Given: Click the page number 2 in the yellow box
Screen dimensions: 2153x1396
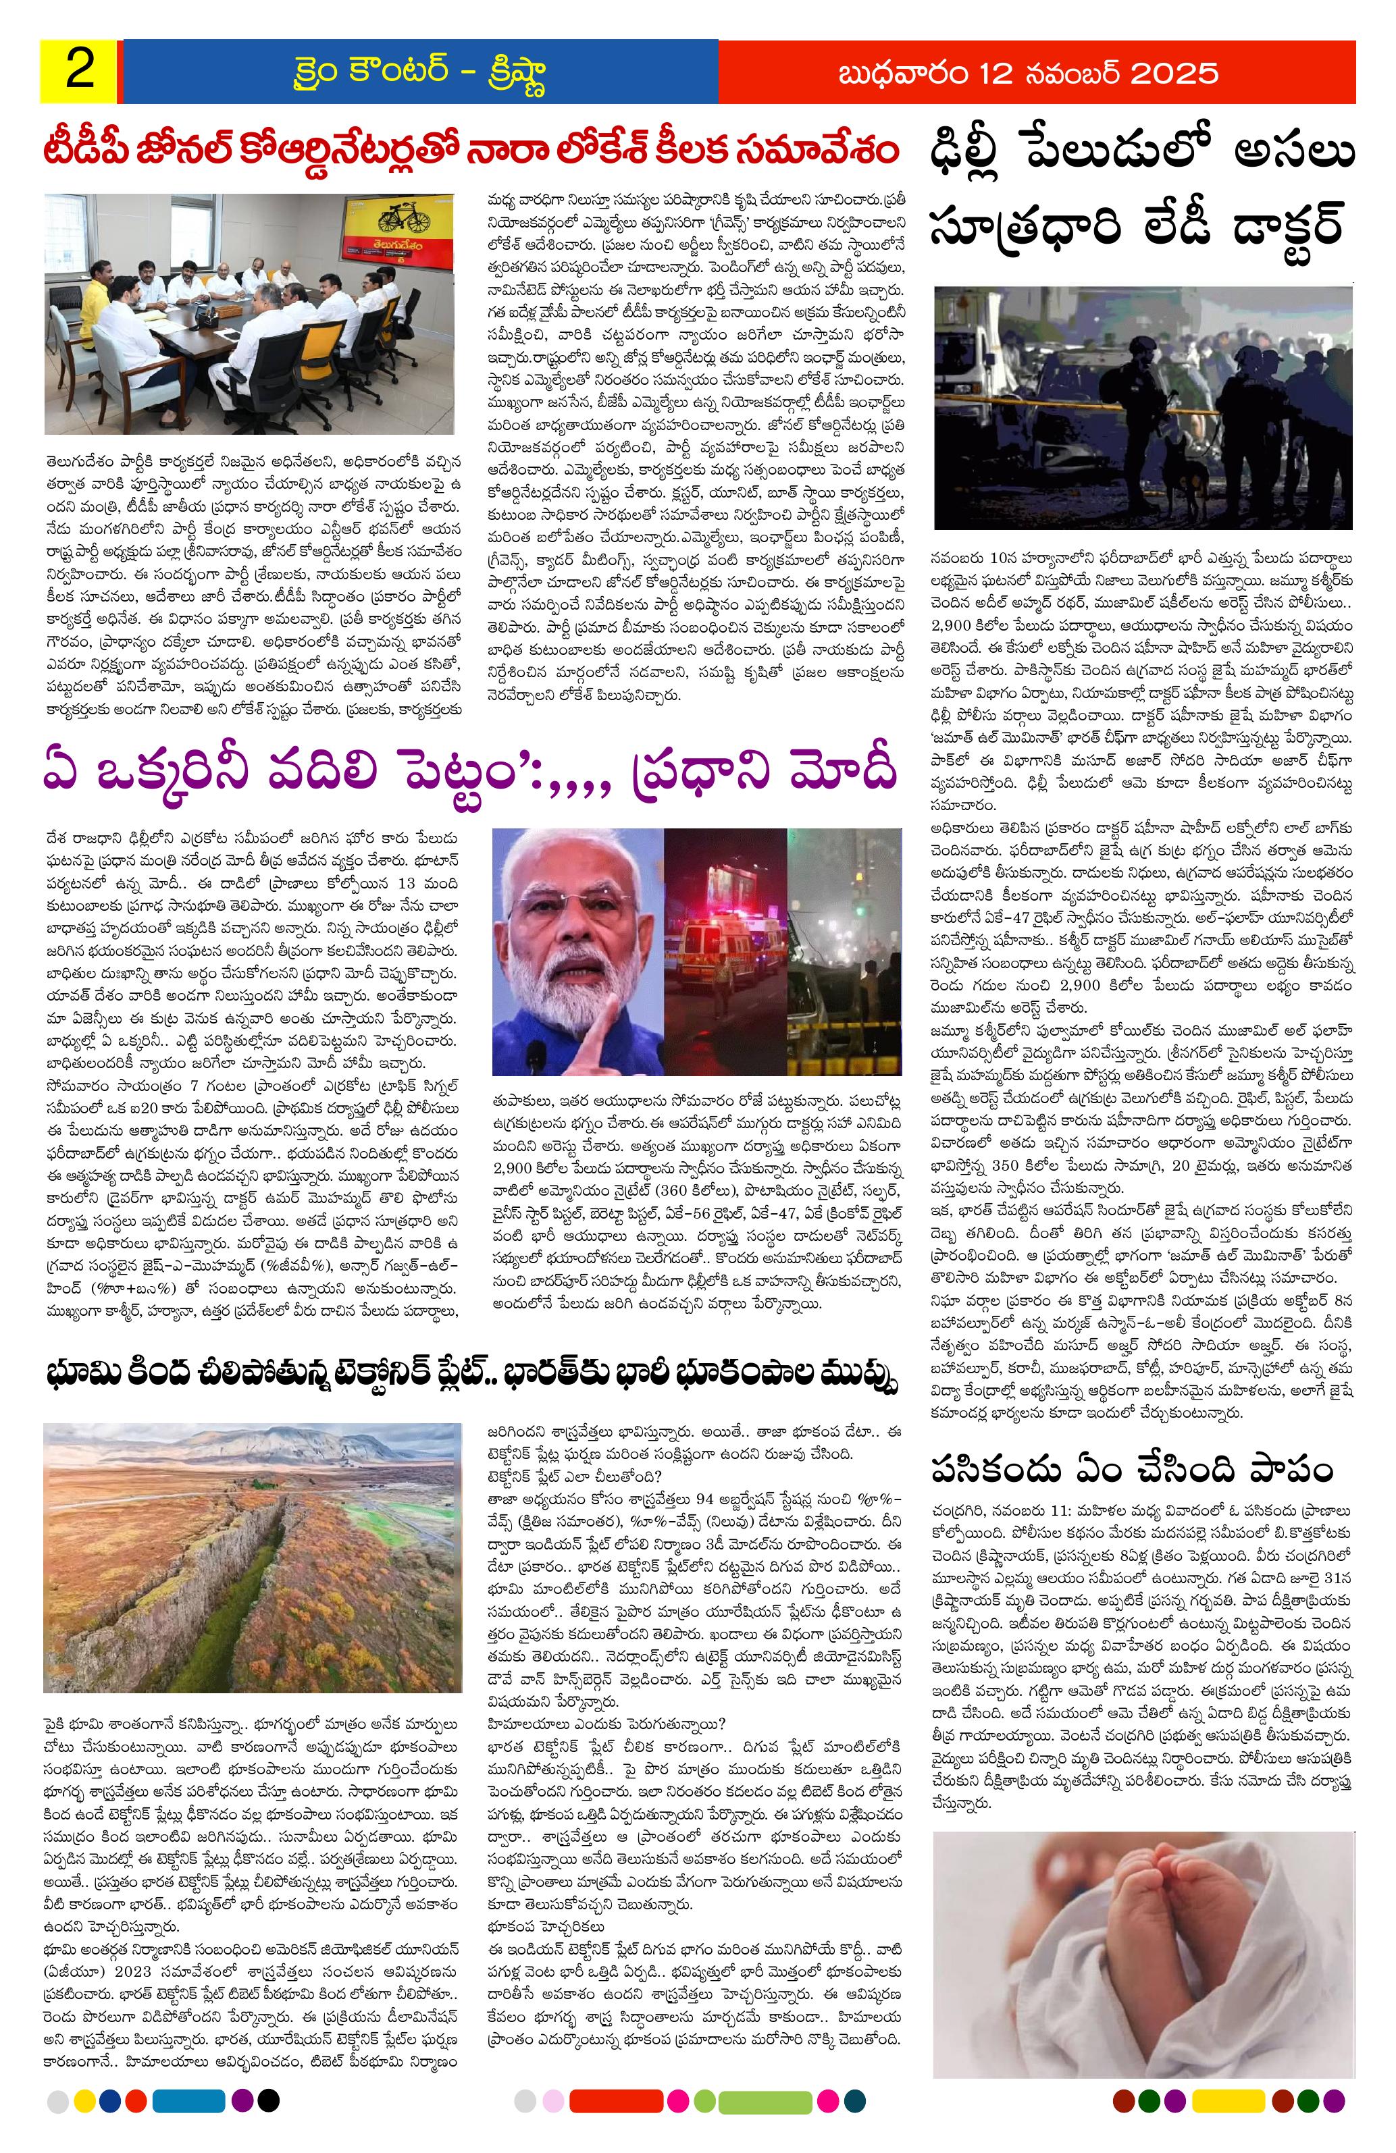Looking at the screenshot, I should [80, 72].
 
